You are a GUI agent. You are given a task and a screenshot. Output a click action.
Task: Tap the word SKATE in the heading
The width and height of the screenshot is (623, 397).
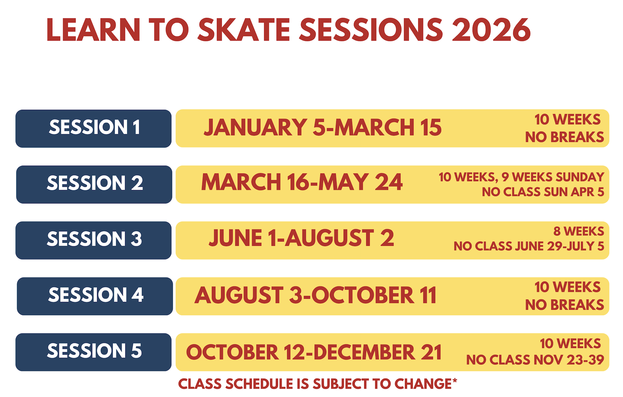pos(244,30)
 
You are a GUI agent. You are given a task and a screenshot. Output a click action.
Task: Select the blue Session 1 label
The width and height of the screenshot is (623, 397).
pos(94,129)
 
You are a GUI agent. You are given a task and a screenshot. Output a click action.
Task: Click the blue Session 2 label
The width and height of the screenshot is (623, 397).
pos(94,184)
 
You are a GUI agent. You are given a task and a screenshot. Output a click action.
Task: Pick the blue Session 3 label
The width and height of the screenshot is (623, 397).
pos(94,240)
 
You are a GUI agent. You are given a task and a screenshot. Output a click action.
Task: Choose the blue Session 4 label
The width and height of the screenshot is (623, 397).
pos(95,296)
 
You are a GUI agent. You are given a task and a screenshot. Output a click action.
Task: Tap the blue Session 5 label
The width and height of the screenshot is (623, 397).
pos(94,352)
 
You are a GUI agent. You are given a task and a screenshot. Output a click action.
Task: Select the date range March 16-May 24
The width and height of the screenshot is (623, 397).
pos(302,182)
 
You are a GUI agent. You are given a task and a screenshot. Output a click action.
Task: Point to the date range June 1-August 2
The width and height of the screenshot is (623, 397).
pos(301,238)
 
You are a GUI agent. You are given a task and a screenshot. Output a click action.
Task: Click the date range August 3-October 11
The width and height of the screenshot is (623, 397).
pos(315,295)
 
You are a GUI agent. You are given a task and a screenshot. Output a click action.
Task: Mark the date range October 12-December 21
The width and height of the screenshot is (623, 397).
pos(314,352)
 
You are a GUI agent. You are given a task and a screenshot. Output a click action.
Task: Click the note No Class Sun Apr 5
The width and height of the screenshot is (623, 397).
pos(543,192)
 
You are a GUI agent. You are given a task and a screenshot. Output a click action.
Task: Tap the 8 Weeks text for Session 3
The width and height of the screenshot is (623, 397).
pos(579,231)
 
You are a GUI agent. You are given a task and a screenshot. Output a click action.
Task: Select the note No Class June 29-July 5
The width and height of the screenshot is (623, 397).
pos(529,246)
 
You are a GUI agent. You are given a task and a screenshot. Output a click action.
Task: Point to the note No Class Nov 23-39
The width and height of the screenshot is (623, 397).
pos(535,360)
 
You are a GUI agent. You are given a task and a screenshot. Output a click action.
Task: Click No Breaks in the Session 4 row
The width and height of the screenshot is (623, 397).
pos(565,305)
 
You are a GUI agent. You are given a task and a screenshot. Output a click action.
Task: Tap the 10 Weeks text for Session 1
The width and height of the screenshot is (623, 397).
pos(568,119)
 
